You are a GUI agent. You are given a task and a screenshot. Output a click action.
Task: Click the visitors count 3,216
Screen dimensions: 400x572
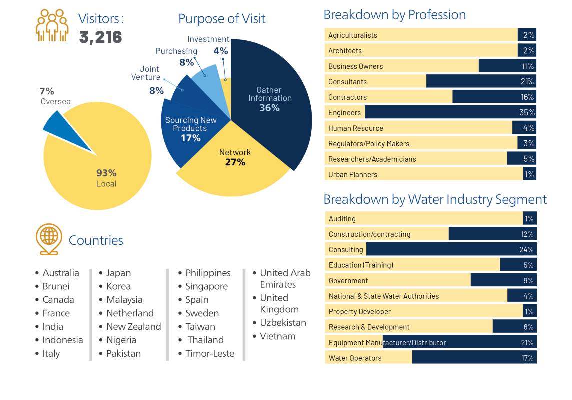[100, 37]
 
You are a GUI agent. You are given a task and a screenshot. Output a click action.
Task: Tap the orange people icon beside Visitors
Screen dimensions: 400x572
[52, 25]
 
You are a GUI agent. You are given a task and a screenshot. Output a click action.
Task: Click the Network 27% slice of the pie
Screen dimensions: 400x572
[234, 157]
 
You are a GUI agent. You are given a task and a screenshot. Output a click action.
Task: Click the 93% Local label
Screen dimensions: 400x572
[106, 178]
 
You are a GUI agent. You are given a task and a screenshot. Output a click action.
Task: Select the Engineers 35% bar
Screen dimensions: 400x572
[450, 113]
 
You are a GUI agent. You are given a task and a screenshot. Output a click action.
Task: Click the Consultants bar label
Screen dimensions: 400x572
[347, 82]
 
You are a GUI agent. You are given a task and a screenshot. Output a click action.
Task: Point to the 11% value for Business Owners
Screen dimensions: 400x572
[527, 66]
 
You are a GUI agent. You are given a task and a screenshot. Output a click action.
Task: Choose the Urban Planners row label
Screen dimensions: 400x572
[353, 175]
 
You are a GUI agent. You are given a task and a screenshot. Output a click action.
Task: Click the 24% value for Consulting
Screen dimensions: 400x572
[526, 250]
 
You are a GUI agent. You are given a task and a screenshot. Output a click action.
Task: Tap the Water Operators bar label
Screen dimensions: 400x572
[355, 358]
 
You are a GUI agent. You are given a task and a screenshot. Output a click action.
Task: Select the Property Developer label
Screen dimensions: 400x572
[359, 312]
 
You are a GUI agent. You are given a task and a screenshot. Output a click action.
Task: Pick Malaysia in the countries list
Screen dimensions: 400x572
[124, 300]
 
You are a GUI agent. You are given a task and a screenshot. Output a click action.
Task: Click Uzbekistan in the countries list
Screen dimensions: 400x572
[283, 323]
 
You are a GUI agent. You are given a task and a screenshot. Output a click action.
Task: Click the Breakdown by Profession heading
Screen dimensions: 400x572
[394, 15]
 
